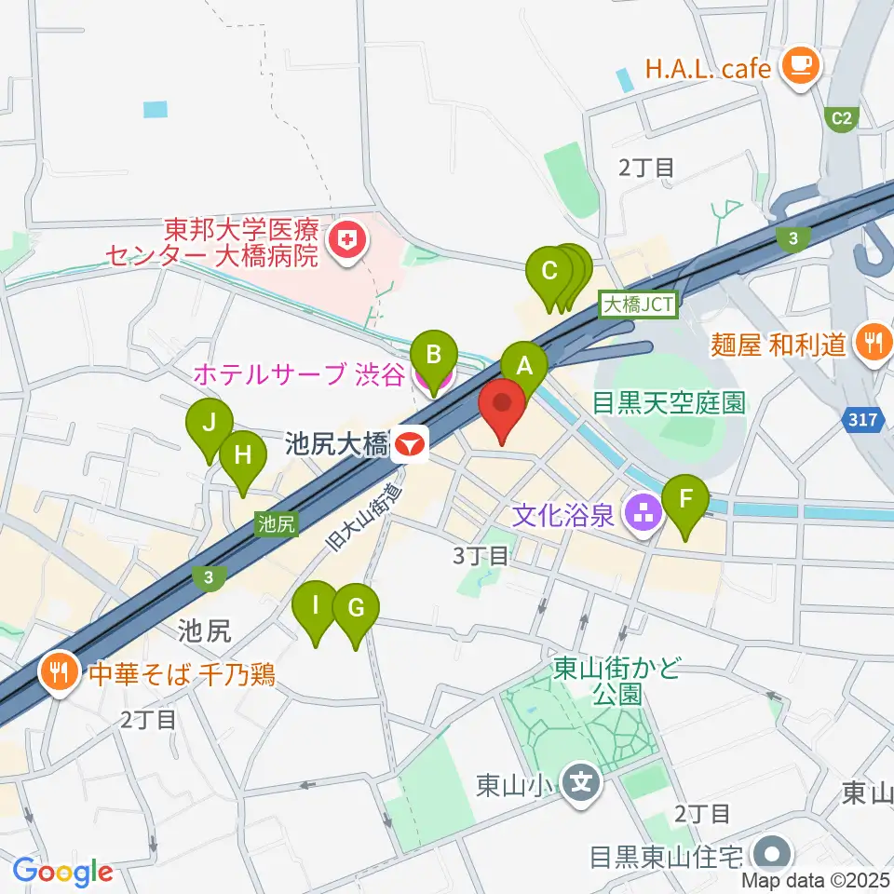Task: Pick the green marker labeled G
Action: [356, 610]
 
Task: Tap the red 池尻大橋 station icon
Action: [409, 445]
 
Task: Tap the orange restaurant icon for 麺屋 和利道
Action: [873, 343]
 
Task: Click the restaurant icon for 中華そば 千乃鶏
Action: [61, 673]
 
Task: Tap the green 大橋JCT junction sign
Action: [642, 304]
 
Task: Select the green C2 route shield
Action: [842, 117]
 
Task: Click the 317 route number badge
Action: [863, 421]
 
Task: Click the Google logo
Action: [62, 872]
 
